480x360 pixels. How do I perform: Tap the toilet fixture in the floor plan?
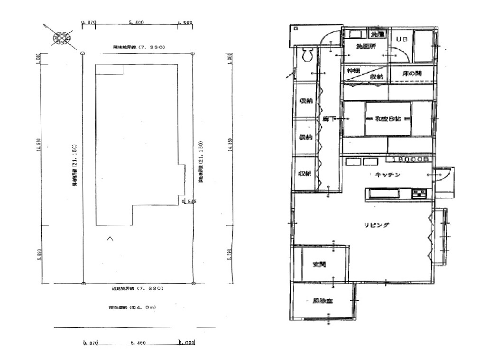tap(307, 56)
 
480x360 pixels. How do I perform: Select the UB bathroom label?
tap(402, 39)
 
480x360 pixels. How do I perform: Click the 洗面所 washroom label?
tap(366, 46)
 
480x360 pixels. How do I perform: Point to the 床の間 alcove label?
tap(411, 74)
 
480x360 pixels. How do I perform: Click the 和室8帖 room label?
tap(388, 119)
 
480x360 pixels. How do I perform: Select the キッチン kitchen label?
tap(388, 175)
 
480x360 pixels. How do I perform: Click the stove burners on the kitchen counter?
tap(419, 194)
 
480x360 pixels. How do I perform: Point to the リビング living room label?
tap(377, 225)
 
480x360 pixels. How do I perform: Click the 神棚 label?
tap(353, 70)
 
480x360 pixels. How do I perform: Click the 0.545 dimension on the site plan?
tap(189, 201)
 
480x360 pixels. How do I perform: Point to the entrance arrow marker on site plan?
tap(110, 239)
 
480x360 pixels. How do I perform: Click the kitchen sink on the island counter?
tap(382, 194)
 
